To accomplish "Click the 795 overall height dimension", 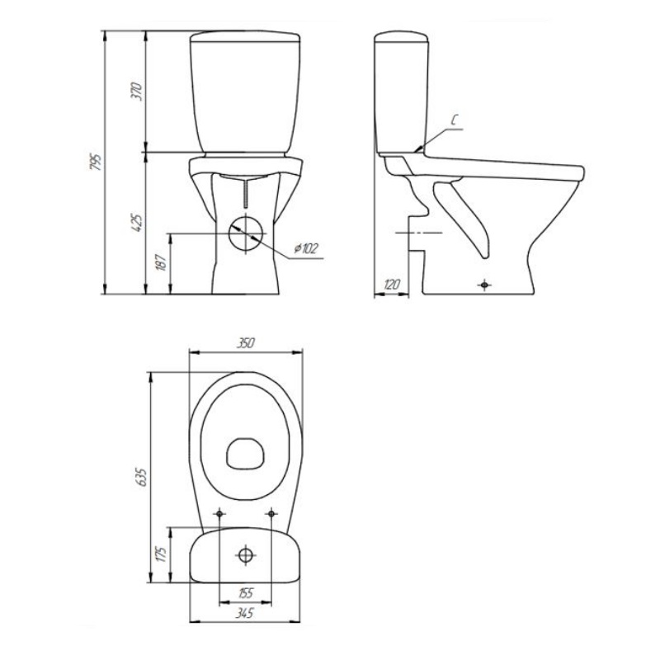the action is click(x=96, y=162).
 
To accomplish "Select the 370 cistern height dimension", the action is click(x=137, y=91).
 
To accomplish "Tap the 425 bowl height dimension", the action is click(x=137, y=223).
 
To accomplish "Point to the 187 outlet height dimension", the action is click(x=162, y=262).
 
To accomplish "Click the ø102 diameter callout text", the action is click(x=306, y=248).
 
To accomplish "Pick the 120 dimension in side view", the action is click(x=391, y=285).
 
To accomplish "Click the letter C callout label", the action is click(x=455, y=120).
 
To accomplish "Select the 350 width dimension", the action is click(x=245, y=343).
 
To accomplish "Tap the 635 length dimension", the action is click(x=142, y=477).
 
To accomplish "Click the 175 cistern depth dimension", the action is click(x=162, y=554).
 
